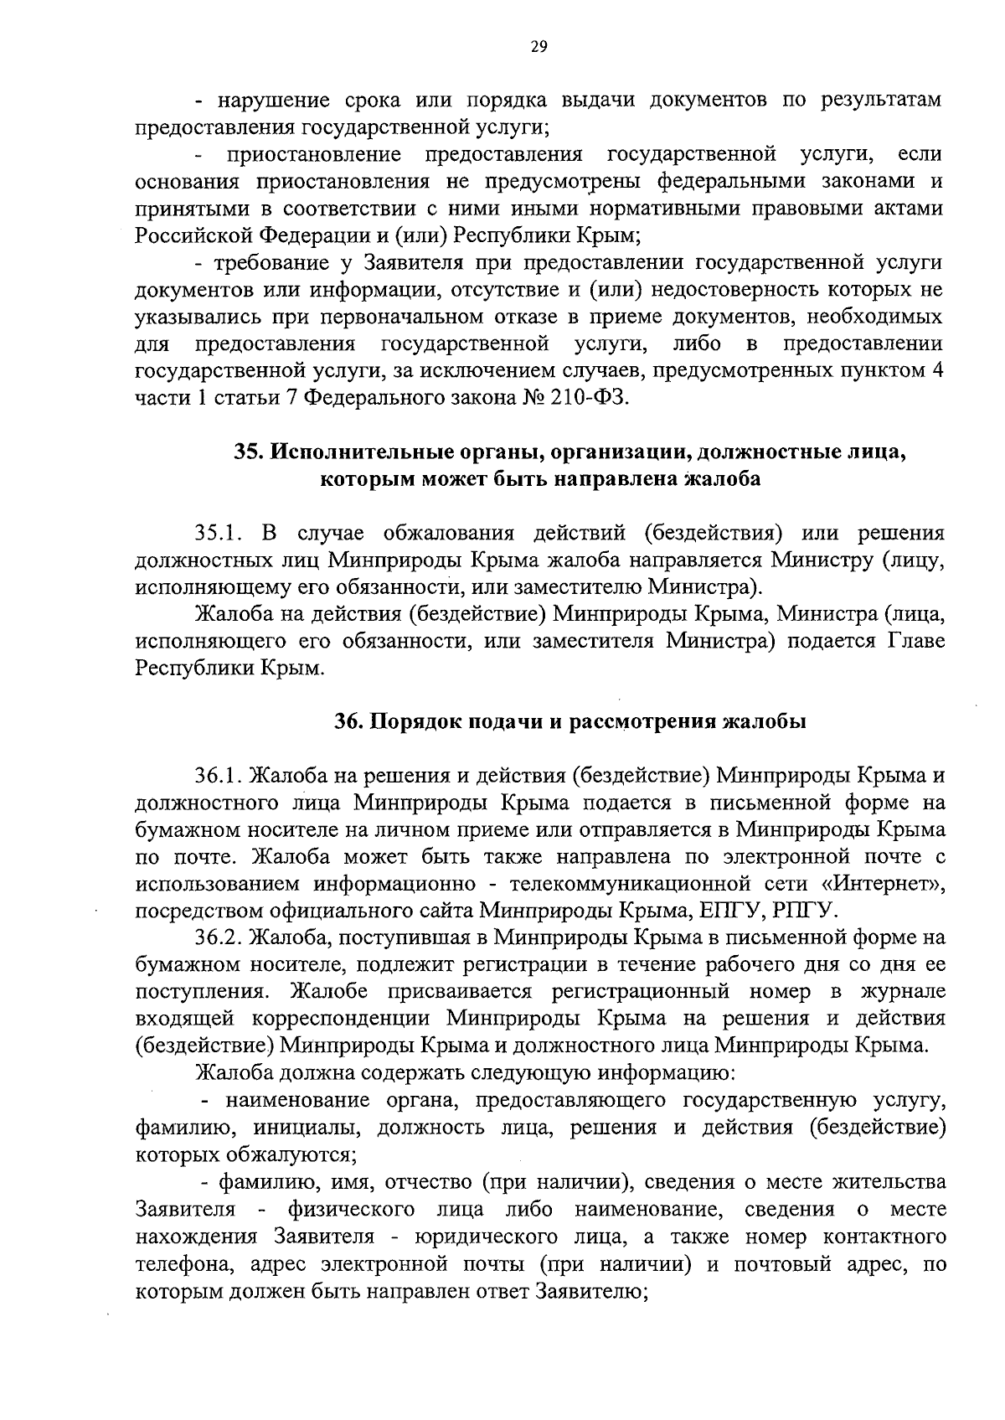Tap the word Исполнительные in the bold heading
pos(348,452)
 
